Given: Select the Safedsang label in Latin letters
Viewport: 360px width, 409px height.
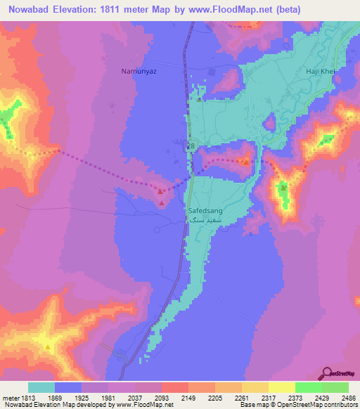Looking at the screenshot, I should click(205, 209).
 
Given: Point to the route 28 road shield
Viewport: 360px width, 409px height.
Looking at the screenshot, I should click(191, 145).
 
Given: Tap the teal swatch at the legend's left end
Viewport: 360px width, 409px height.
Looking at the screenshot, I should click(41, 387).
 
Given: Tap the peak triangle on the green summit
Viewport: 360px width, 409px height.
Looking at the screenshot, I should click(283, 188).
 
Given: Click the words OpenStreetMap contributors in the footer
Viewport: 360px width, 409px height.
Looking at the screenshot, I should click(321, 405).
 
